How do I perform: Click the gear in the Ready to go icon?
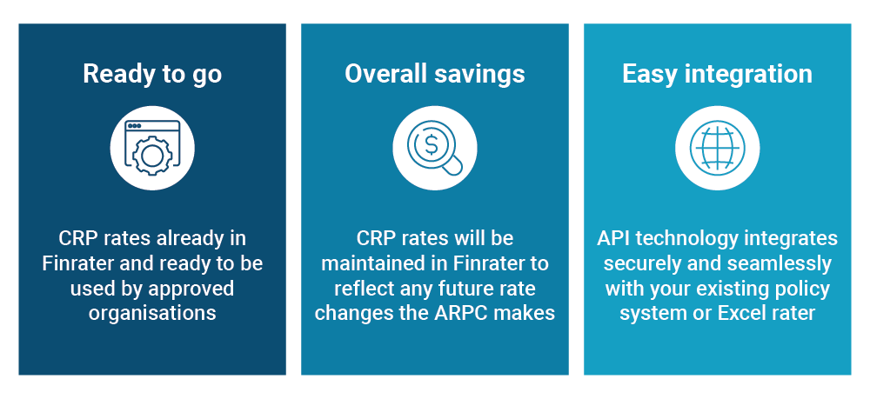coord(151,156)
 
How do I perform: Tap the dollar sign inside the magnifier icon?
coord(431,144)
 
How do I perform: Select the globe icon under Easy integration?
coord(718,148)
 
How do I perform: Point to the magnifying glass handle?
coord(454,166)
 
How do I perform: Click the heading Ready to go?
coord(152,74)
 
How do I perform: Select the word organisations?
coord(152,313)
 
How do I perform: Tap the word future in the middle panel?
coord(470,289)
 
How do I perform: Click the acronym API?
coord(613,238)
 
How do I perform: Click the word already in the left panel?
coord(191,239)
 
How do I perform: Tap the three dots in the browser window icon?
coord(134,126)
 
